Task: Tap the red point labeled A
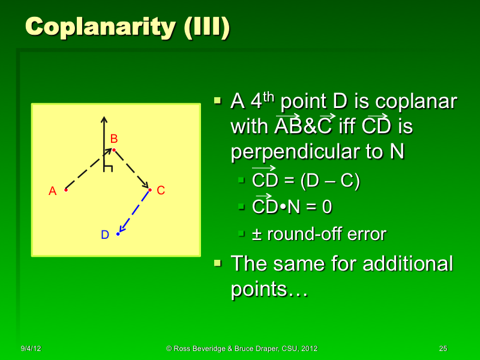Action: click(65, 190)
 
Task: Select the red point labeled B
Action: click(113, 149)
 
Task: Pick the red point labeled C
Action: click(149, 190)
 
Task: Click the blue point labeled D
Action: click(118, 233)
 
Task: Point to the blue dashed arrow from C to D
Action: click(133, 212)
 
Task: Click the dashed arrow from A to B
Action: click(88, 171)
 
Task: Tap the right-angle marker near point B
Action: click(107, 167)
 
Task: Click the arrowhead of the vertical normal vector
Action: click(103, 120)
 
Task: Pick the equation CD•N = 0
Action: click(292, 208)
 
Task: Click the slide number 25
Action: click(443, 349)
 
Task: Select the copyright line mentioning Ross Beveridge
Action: click(242, 349)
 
